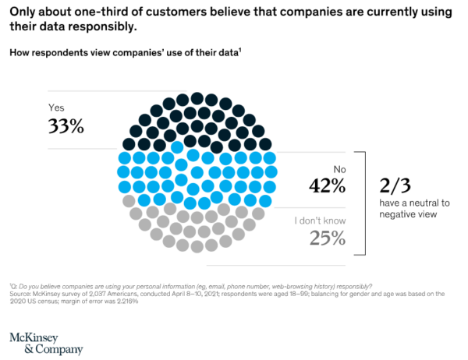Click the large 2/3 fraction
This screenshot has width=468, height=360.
coord(398,185)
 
